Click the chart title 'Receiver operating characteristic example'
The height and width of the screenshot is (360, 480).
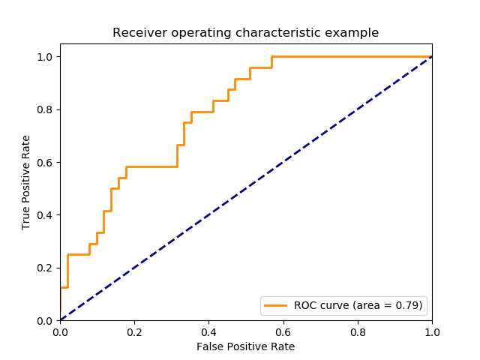pos(245,33)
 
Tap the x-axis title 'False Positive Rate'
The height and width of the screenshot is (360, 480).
pos(245,346)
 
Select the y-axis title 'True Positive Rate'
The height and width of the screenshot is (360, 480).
pos(26,182)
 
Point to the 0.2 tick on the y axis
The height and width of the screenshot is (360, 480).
pos(46,268)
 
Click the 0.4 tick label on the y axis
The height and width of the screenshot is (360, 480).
pos(46,215)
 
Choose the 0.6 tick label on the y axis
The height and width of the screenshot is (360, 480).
pos(46,162)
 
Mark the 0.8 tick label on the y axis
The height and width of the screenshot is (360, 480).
pos(46,109)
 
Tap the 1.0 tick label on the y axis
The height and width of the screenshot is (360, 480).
pos(46,57)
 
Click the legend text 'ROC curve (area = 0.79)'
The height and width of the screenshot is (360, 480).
pos(358,305)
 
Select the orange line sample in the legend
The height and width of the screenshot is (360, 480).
pos(277,305)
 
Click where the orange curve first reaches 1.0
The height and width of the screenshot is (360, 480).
pos(271,57)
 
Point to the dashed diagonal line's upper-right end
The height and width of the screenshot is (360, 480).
pos(431,57)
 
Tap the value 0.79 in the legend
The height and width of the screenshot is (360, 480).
pos(409,305)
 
